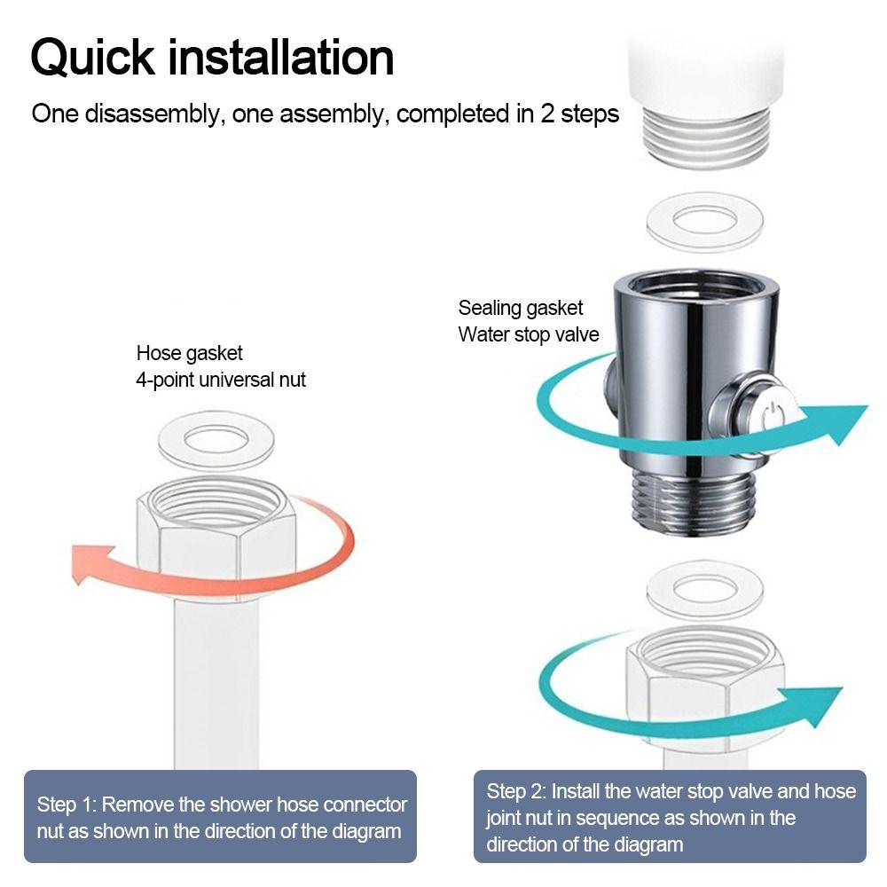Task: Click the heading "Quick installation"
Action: [x=212, y=58]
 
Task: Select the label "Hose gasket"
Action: [x=189, y=353]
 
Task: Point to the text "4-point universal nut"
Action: [x=221, y=380]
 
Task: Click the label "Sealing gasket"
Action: [x=521, y=308]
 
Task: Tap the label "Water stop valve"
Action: [x=529, y=334]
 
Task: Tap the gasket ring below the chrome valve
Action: [x=704, y=589]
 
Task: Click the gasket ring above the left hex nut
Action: [x=215, y=440]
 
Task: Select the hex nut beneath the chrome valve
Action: [x=705, y=679]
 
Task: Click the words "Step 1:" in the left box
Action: [x=67, y=805]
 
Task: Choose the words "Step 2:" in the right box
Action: [x=516, y=791]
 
